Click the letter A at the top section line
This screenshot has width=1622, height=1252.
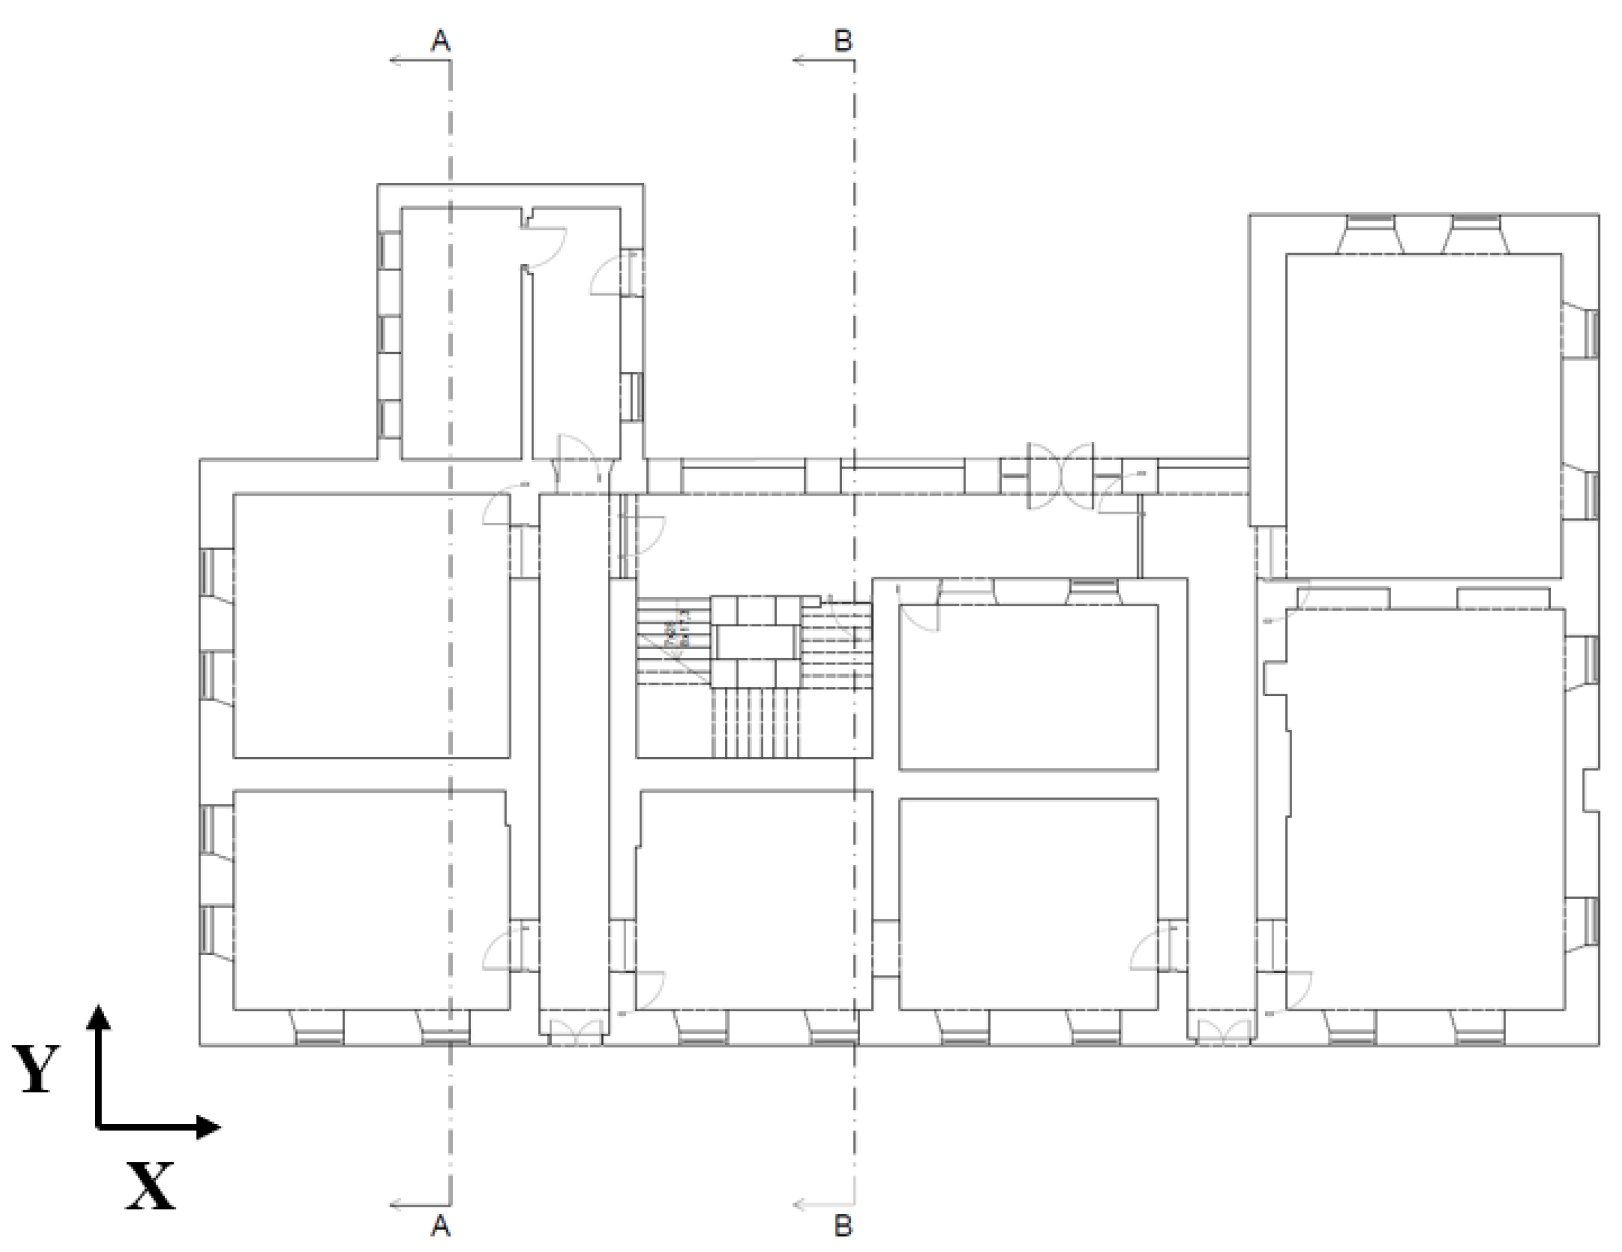440,41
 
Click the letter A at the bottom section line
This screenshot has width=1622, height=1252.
440,1225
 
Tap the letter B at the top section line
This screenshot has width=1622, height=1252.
843,41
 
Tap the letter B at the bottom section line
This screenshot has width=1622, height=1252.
843,1225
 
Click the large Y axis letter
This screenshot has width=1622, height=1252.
36,1070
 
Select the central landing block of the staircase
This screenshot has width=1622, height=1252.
755,642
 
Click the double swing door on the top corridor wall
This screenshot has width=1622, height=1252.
1060,476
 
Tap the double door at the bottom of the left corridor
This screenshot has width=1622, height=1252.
574,1031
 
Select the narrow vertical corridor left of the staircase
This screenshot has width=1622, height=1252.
574,751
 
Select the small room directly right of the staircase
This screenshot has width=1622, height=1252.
1028,687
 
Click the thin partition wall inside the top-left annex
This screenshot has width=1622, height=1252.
526,364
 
